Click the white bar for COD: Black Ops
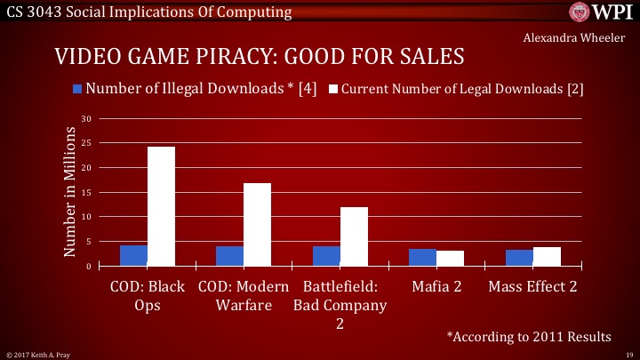(x=161, y=206)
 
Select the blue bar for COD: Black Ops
(x=133, y=256)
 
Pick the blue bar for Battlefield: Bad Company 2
(x=326, y=256)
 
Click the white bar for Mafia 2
(x=451, y=259)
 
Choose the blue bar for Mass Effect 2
(x=519, y=258)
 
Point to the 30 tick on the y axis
(x=86, y=119)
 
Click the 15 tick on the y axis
(x=86, y=193)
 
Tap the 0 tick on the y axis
(x=89, y=266)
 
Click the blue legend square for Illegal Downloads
(x=77, y=89)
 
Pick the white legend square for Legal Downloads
(x=334, y=89)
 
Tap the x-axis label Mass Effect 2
(x=532, y=287)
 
